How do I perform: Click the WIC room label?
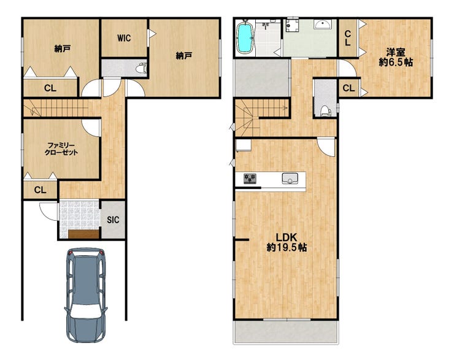pos(124,38)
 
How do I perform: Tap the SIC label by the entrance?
pos(113,220)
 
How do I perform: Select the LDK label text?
pos(286,237)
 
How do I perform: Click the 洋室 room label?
pos(395,52)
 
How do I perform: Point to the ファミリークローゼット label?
pos(61,149)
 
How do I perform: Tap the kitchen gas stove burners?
pos(250,178)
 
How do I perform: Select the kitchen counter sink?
pos(290,178)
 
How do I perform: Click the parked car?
pos(86,294)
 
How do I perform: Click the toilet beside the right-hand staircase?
pos(326,110)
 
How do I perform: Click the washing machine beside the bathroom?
pos(291,25)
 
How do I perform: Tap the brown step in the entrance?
pos(83,234)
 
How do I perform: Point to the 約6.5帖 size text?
pos(396,62)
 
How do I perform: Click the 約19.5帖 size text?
pos(287,247)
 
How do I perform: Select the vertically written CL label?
pos(347,38)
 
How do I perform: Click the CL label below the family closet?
pos(40,190)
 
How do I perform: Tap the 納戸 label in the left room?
pos(62,48)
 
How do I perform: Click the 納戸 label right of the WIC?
pos(184,55)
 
